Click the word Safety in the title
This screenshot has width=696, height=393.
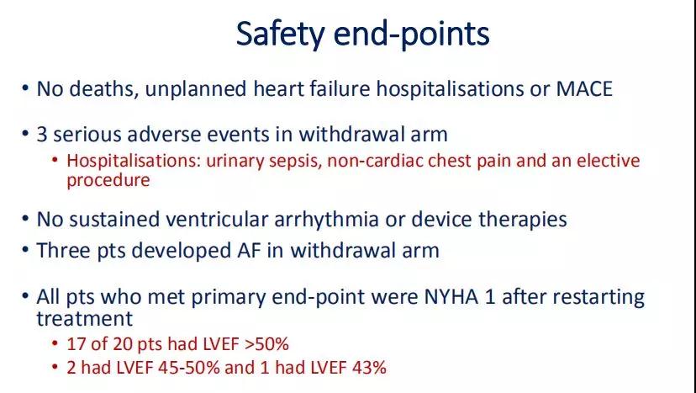click(x=281, y=35)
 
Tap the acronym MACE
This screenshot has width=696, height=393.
click(x=584, y=89)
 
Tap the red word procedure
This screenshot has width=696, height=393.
click(x=108, y=181)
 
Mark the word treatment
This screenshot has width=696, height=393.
click(x=84, y=319)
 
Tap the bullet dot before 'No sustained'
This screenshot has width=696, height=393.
click(x=25, y=220)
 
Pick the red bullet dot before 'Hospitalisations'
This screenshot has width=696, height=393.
click(x=55, y=159)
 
